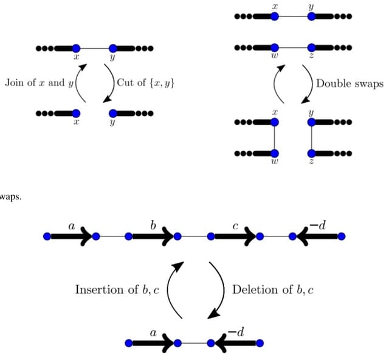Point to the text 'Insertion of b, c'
(x=117, y=289)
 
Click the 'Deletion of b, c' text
(x=273, y=289)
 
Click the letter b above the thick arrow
(x=153, y=226)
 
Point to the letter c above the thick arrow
(x=235, y=226)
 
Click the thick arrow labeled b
(x=152, y=236)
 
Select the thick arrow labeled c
(x=235, y=236)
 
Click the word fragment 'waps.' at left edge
(x=10, y=196)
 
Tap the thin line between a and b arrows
(x=112, y=236)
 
